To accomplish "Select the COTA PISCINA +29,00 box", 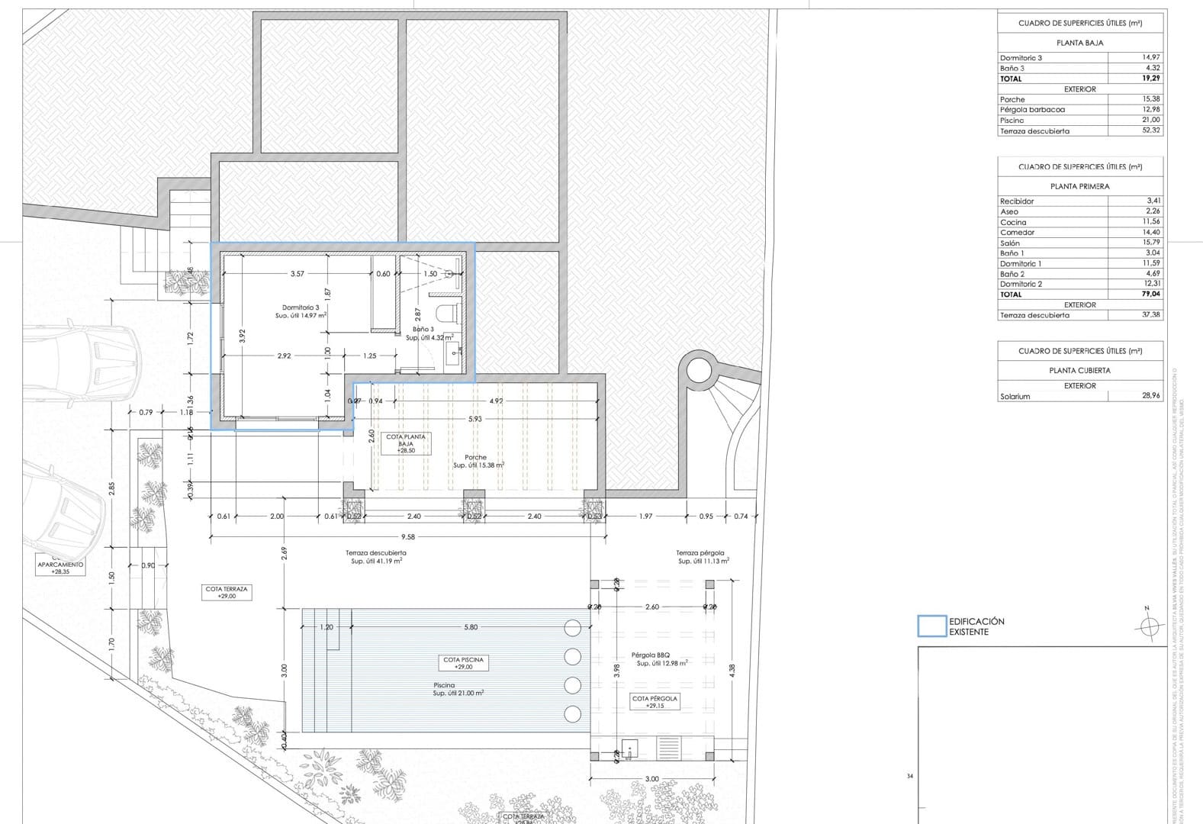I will coord(464,662).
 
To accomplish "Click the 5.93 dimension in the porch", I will coord(475,419).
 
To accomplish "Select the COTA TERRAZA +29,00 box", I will coord(227,593).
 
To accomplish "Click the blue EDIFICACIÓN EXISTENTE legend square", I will coord(931,626).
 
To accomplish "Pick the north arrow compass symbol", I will coord(1146,626).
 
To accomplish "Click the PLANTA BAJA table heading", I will coord(1079,43).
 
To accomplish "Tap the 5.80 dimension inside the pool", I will coord(471,627).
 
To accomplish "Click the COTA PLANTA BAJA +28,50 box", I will coord(405,443).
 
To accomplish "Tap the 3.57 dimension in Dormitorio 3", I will coord(298,274).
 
